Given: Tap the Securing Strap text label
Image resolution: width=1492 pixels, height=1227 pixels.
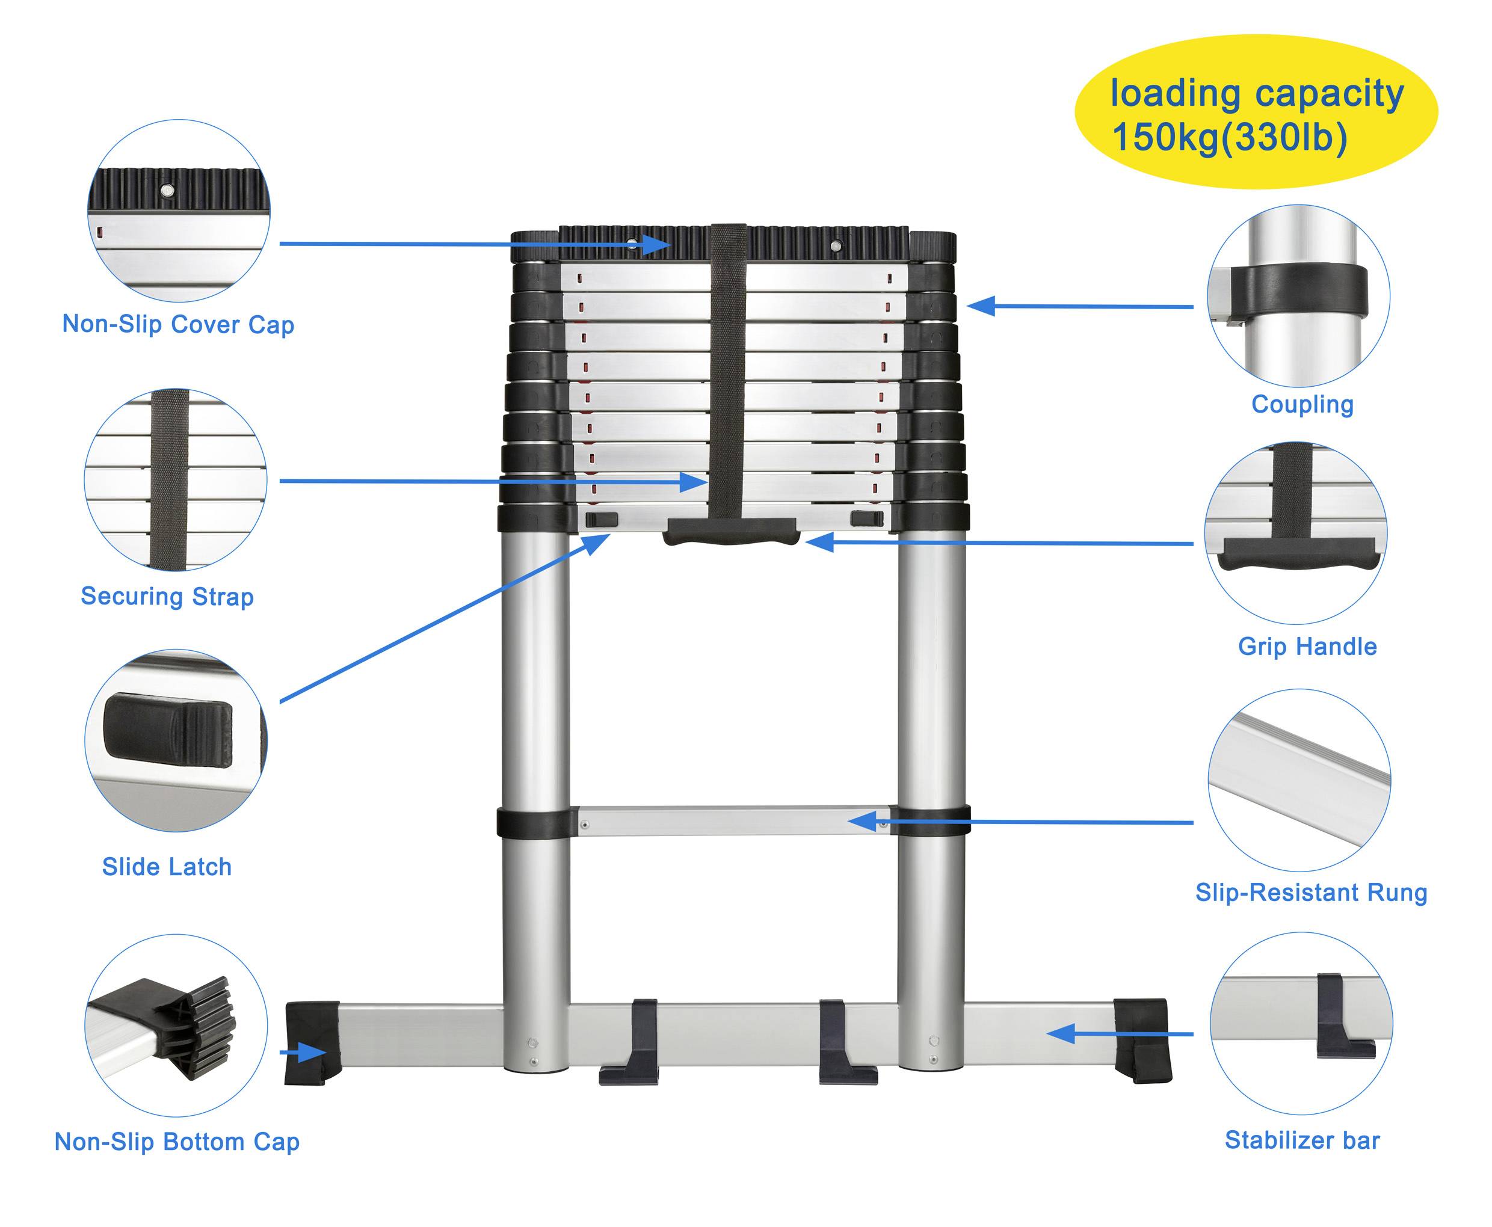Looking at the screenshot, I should point(167,597).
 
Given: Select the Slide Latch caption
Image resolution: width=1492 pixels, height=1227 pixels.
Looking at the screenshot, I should point(167,867).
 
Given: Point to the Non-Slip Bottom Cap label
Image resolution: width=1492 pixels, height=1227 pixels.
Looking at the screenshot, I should point(177,1142).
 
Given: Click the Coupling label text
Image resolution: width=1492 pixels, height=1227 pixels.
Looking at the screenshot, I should point(1302,404).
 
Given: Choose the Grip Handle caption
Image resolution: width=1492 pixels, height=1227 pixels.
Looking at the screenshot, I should point(1307,646).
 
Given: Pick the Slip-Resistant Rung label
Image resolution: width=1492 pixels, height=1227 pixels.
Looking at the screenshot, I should point(1311,893).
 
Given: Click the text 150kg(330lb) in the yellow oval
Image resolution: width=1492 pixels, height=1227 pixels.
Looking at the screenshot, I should point(1230,137).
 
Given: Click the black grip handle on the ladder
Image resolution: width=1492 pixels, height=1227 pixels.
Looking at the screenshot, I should point(731,532).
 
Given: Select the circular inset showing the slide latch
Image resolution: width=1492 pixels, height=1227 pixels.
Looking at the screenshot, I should point(176,740).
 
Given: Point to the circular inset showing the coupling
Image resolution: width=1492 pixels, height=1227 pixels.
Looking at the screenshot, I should point(1298,295).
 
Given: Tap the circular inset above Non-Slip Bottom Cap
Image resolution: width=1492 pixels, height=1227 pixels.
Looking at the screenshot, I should point(176,1026).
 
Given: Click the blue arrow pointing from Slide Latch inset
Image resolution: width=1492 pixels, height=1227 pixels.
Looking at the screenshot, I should point(445,618).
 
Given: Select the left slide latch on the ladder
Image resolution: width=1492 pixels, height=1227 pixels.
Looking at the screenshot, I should point(602,520).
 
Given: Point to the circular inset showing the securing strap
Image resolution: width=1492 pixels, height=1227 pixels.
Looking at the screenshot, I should point(175,480).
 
